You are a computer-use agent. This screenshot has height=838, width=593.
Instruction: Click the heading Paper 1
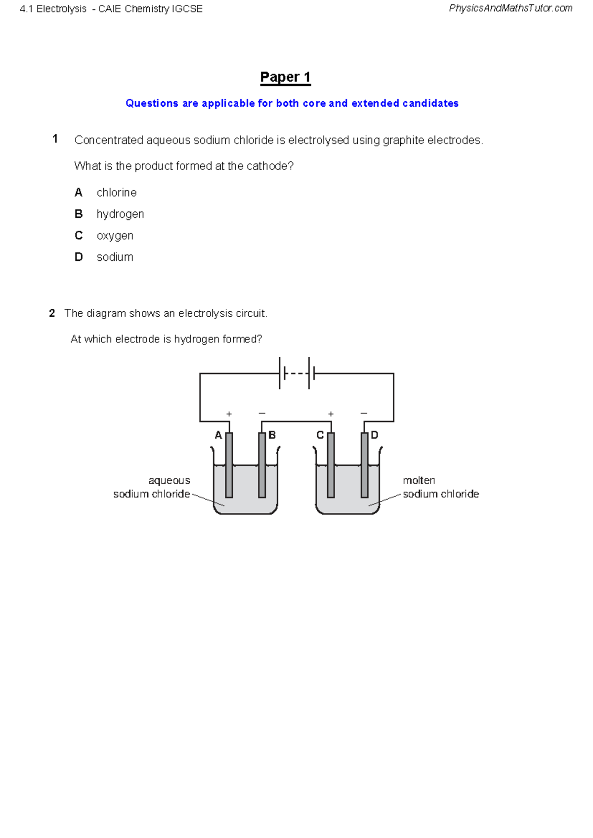(x=285, y=77)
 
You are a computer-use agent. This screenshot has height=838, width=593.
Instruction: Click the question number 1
(x=55, y=139)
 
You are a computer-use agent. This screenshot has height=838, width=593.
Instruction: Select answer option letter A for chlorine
(x=78, y=192)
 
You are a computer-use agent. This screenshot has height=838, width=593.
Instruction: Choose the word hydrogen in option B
(x=120, y=214)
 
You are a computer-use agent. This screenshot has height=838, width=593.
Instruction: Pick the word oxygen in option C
(x=115, y=236)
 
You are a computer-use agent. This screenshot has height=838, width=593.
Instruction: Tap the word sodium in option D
(x=115, y=257)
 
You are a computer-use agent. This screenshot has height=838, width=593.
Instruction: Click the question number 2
(x=52, y=313)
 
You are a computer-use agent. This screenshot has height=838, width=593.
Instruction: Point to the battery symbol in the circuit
(x=297, y=374)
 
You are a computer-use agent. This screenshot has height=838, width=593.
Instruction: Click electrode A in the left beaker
(x=229, y=464)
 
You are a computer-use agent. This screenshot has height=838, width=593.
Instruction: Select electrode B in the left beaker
(x=262, y=464)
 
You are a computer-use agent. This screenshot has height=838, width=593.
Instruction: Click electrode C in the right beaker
(x=331, y=464)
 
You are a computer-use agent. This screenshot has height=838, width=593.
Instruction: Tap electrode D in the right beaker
(x=364, y=464)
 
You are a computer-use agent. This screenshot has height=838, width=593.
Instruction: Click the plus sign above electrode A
(x=229, y=414)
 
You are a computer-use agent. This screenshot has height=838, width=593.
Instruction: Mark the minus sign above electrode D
(x=364, y=413)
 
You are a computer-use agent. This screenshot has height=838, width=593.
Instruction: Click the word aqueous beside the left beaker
(x=169, y=480)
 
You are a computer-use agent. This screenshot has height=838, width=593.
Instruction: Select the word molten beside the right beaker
(x=419, y=480)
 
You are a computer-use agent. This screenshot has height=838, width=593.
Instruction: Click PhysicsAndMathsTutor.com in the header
(x=510, y=8)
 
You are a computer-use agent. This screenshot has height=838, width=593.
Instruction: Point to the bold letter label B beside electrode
(x=272, y=435)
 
